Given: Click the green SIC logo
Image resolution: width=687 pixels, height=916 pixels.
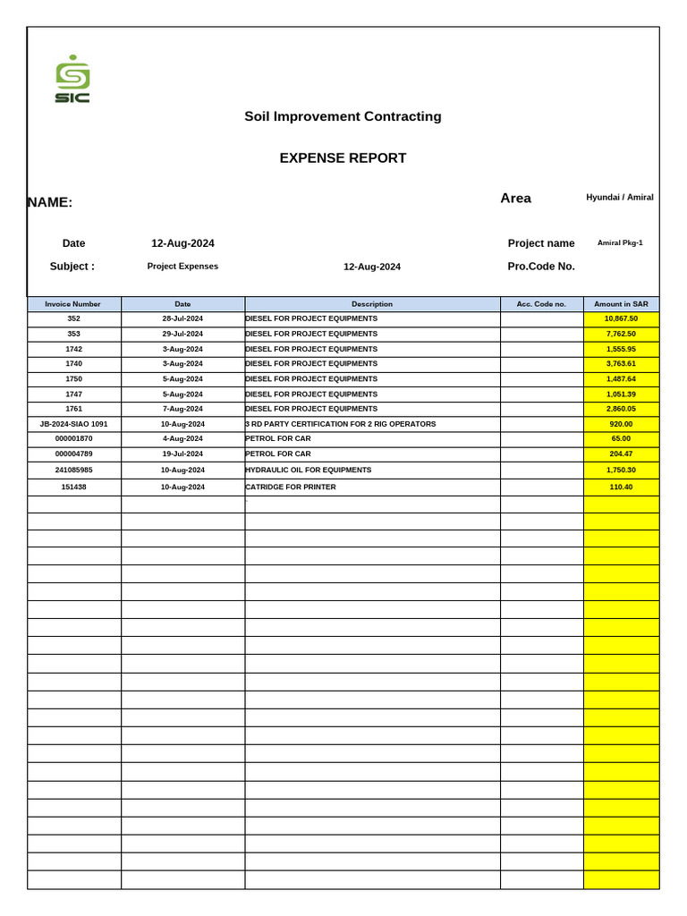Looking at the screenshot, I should point(72,80).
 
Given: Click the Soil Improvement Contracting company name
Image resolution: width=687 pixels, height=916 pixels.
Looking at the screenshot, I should point(343,116).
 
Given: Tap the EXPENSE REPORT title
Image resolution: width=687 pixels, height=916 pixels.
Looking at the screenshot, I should point(343,158).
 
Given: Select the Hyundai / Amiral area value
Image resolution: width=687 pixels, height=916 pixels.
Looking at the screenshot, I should point(620,197).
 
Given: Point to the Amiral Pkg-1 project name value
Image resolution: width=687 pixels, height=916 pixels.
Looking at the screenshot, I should point(620,242).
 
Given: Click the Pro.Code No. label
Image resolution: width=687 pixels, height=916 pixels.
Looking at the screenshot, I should point(541,266).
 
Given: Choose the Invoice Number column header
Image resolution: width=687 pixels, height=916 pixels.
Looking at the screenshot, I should point(73,304).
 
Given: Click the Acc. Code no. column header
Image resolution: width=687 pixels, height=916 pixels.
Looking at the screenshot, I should point(541,304).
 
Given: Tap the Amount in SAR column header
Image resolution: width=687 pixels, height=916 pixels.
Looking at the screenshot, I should point(621,304).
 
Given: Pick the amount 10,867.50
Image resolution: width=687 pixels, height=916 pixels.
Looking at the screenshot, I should point(621,318).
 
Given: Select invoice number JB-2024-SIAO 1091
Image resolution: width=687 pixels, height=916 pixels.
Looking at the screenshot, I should point(73,424).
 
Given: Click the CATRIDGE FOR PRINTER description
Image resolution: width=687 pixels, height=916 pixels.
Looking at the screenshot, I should point(291,487).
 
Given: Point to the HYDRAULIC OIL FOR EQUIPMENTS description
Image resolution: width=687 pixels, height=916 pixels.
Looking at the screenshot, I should point(309,470).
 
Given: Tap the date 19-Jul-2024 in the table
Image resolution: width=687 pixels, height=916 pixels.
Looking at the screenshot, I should point(182,454).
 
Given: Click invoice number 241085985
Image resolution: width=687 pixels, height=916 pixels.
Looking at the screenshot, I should point(73,470).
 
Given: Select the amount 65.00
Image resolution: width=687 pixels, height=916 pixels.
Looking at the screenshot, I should point(621,438).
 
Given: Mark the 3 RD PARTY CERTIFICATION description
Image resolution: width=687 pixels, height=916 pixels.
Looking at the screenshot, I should point(341,424).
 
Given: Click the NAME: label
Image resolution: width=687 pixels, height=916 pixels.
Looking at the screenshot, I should point(50,202).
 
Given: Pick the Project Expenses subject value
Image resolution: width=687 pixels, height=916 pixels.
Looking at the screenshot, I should point(182,266).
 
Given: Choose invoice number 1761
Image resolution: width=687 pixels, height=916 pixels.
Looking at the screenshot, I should point(73,408).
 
